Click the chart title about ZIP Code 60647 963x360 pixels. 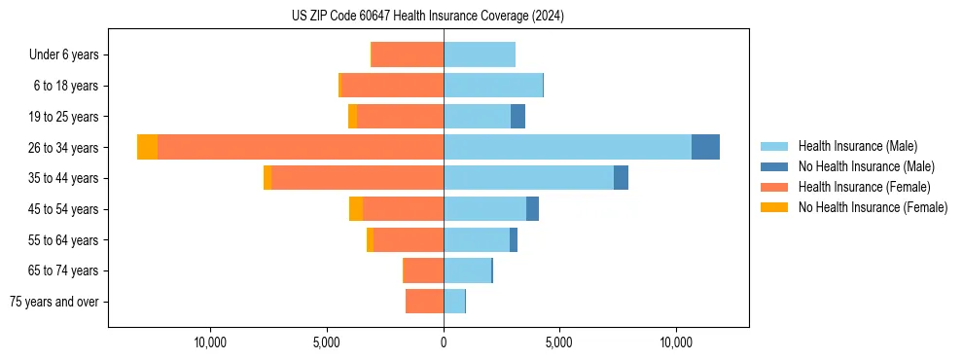427,17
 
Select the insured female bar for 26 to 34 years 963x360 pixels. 301,147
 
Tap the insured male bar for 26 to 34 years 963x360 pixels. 567,147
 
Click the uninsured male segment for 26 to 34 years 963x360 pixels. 705,147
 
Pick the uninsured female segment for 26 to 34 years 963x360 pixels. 147,147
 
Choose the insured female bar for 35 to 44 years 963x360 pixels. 357,178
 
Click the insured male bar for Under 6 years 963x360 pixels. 479,54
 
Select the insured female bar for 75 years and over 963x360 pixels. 424,302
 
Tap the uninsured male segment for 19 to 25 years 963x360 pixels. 517,117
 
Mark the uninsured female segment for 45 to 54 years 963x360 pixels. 356,209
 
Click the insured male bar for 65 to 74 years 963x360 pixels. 467,270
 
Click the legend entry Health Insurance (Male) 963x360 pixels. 857,146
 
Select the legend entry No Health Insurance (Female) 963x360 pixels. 873,207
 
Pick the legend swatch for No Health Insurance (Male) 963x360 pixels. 775,166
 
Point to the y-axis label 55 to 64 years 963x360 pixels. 64,240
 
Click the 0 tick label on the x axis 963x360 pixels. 444,342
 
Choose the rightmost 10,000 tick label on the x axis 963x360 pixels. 676,342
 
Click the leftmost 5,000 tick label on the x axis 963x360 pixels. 327,342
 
